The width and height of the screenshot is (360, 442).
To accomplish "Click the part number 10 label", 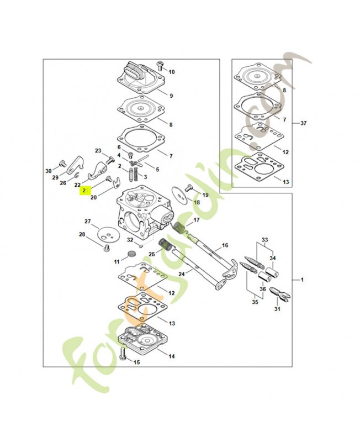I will click(x=172, y=72).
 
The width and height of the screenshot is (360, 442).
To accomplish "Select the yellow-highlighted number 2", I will click(x=84, y=190).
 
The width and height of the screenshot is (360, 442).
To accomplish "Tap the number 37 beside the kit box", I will click(x=303, y=123).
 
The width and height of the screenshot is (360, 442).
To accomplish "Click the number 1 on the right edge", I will click(x=302, y=280).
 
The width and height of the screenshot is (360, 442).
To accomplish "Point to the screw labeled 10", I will click(x=161, y=66).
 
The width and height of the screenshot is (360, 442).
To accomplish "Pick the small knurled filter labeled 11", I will click(x=132, y=254).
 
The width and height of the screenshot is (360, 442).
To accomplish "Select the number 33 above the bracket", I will click(x=264, y=240).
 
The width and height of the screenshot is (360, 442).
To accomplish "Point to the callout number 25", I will click(x=151, y=254).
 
